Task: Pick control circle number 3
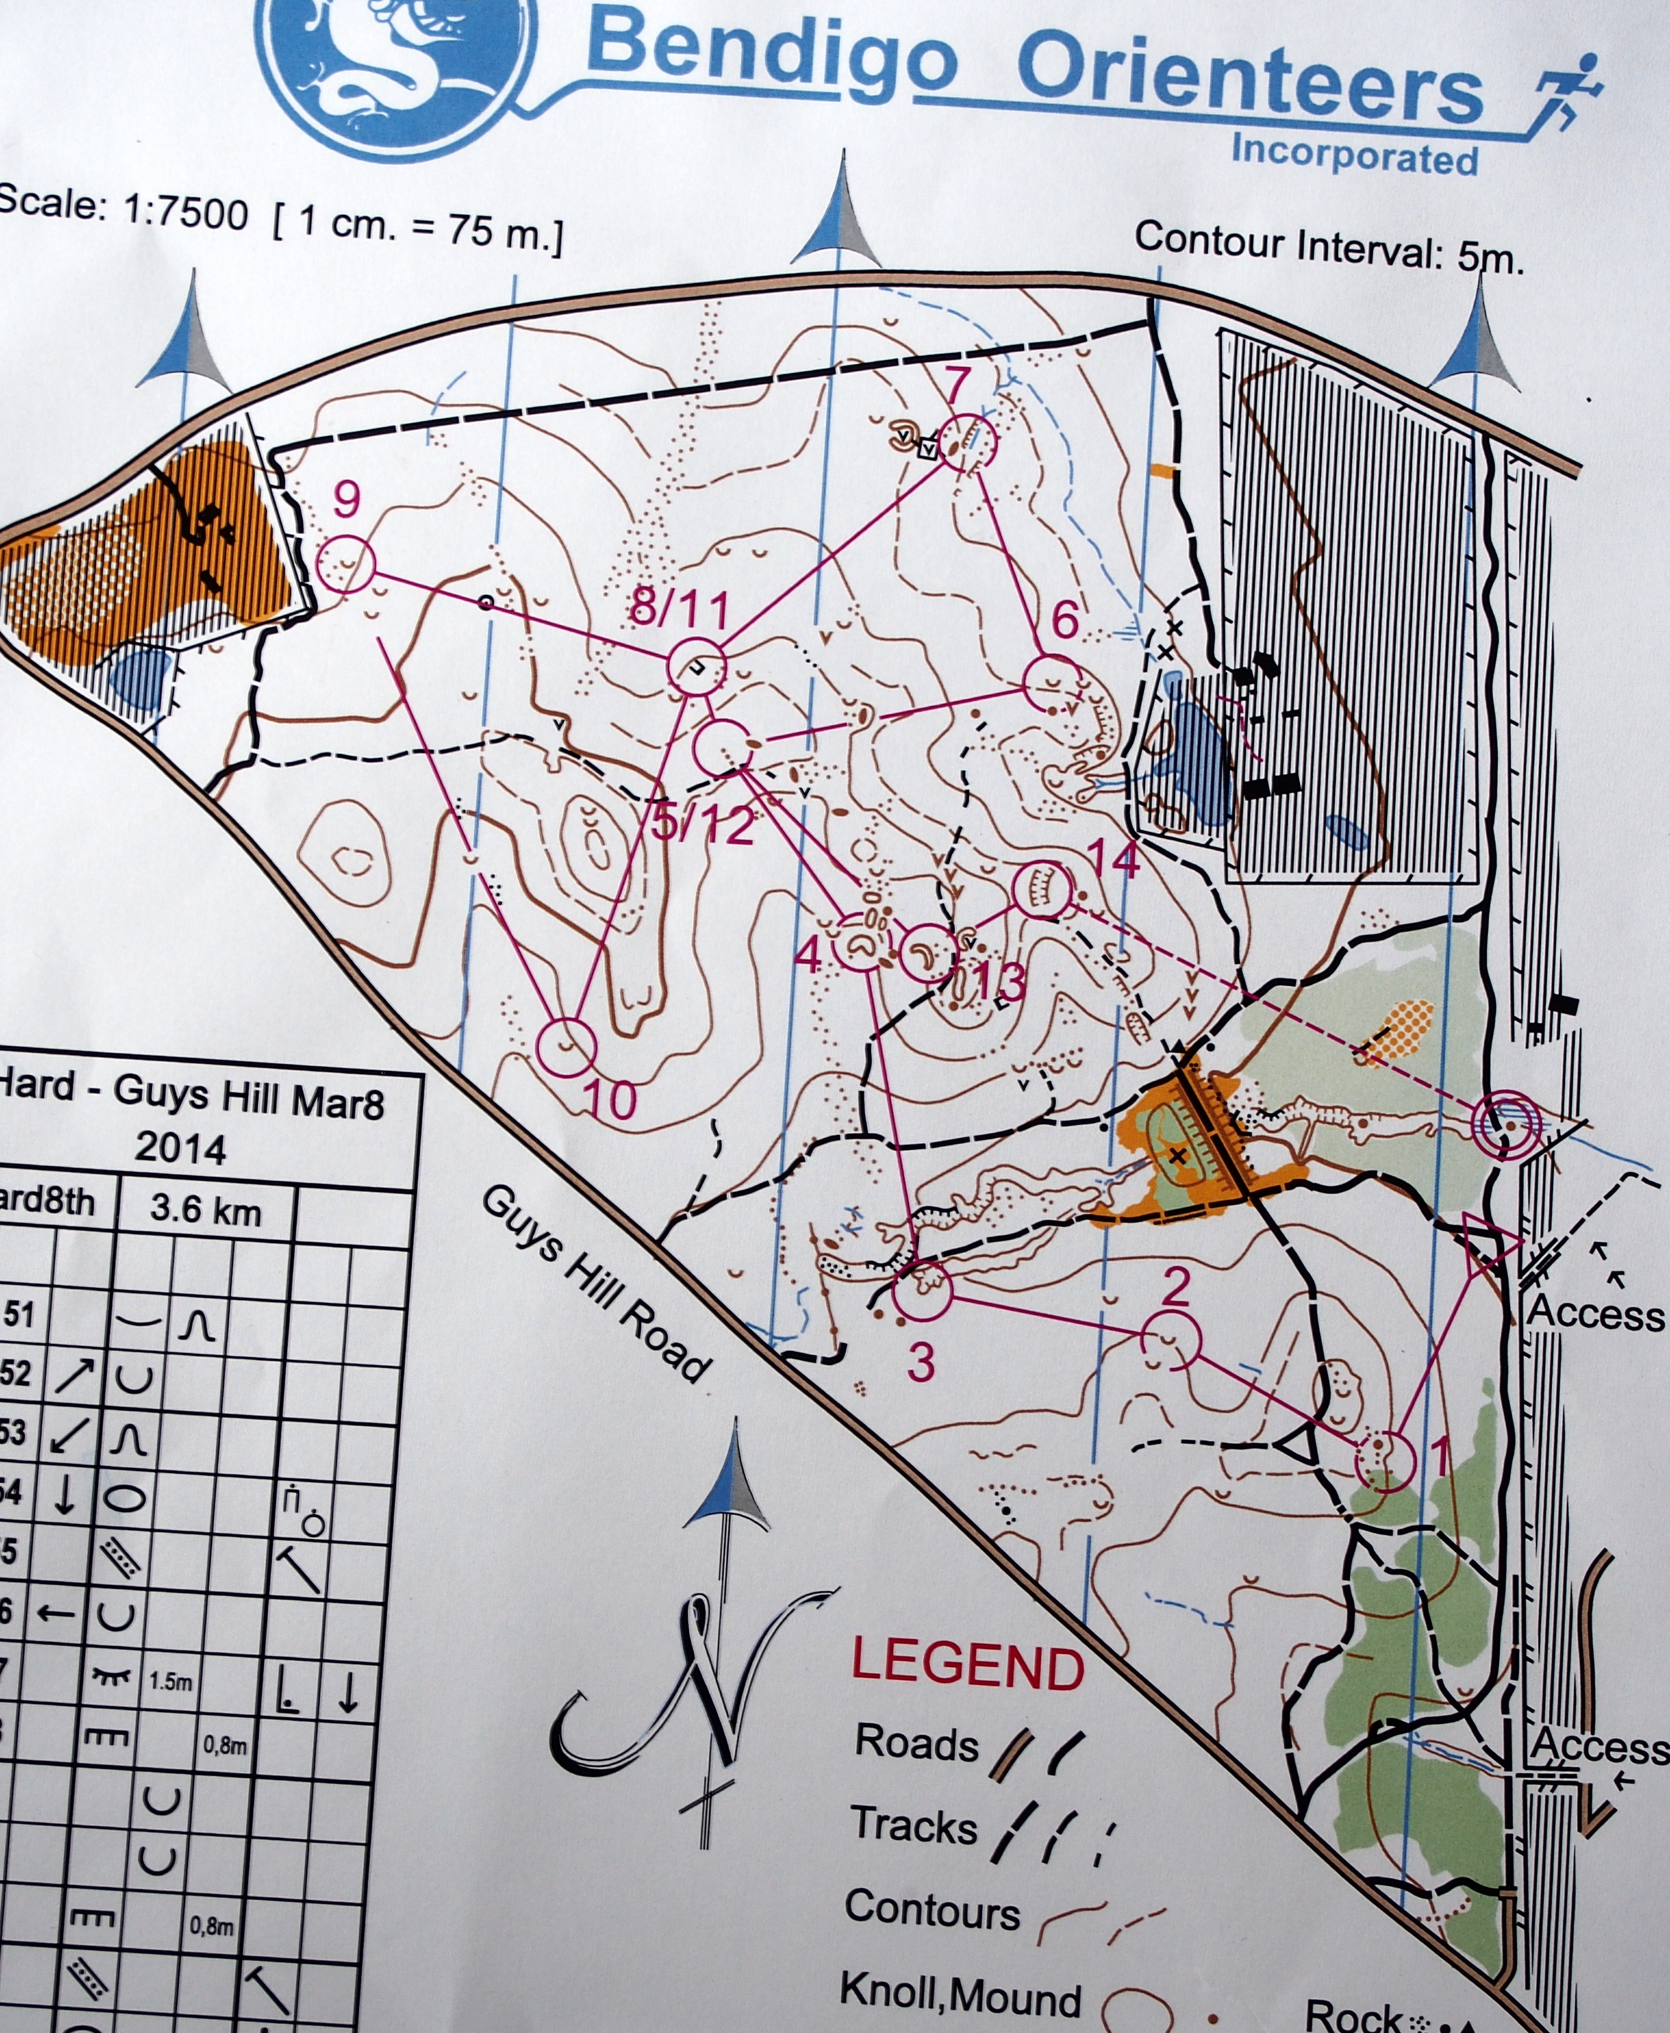922,1290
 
